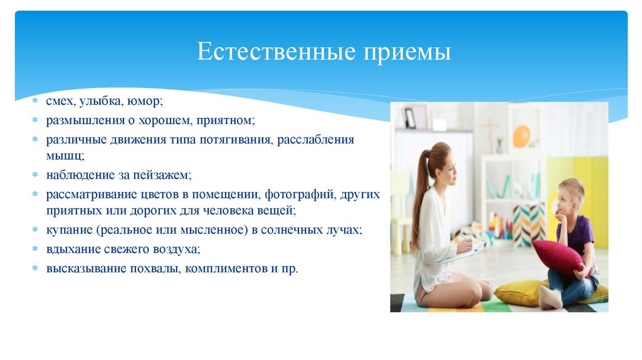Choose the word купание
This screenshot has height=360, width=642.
[66, 230]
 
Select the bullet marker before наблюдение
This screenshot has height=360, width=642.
[37, 175]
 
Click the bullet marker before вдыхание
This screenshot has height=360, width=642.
[37, 250]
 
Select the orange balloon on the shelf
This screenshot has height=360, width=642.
[521, 135]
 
